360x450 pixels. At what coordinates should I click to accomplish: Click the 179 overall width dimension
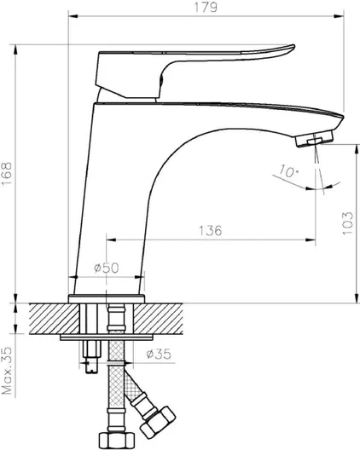coord(206,8)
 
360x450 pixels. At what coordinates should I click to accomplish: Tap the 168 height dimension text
coord(7,174)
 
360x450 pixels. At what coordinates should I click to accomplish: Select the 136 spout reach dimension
coord(211,230)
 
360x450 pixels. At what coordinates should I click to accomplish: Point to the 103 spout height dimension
coord(347,223)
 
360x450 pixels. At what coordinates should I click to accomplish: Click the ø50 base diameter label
coord(107,268)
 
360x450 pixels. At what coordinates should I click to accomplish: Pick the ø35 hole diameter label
coord(159,354)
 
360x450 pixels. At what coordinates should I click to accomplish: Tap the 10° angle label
coord(289,171)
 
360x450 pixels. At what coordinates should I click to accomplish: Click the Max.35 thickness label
coord(7,371)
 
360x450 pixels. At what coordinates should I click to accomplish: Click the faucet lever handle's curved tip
coord(293,47)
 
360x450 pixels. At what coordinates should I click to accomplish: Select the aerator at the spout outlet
coord(315,139)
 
